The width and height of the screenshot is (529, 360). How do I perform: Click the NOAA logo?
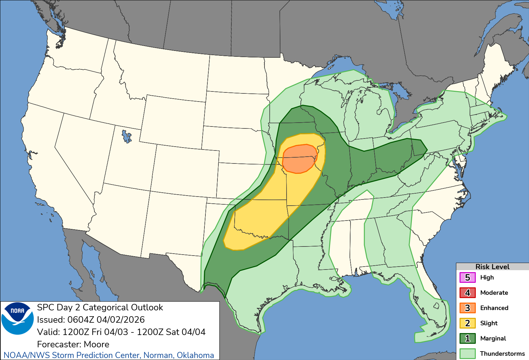pos(18,318)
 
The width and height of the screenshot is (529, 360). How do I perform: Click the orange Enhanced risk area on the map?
pos(299,159)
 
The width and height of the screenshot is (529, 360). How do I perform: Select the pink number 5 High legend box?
pos(467,278)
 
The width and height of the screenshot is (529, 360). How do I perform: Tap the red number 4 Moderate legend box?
pos(467,293)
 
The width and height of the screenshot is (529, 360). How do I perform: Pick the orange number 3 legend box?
pos(467,308)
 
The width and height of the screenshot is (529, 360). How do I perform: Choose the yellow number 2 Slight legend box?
pos(467,323)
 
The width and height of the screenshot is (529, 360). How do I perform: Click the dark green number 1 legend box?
pos(467,339)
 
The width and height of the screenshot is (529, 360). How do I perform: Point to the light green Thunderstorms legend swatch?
pos(467,354)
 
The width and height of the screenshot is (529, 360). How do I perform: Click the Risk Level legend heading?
pos(492,267)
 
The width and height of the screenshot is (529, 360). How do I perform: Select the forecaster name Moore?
pos(96,344)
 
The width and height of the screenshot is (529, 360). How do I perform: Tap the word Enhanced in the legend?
pos(494,308)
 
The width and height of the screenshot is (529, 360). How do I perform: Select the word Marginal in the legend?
pos(493,339)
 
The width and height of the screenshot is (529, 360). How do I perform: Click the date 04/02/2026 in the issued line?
pos(120,320)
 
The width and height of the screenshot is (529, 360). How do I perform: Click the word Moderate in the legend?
pos(494,293)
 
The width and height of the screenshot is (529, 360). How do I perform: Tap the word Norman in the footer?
pos(158,355)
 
